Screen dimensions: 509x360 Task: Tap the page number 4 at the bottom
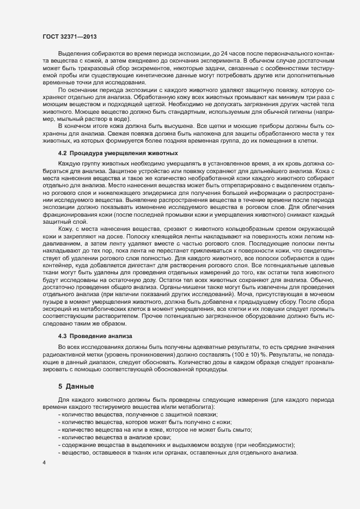[44, 463]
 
